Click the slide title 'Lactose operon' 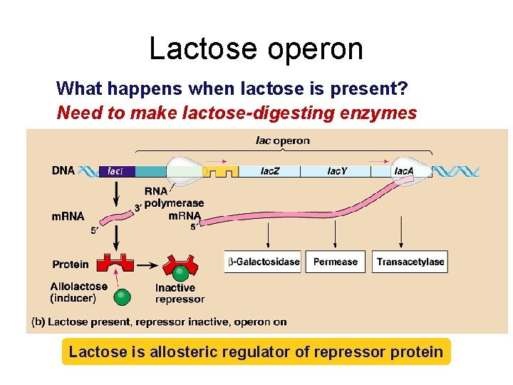(256, 48)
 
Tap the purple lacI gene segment (115, 171)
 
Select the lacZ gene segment (269, 171)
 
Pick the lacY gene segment (337, 171)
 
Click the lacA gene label (404, 171)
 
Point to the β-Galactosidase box (263, 262)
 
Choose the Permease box (335, 262)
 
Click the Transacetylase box (410, 262)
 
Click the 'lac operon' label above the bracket (283, 140)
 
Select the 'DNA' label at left (63, 171)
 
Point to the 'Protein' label (71, 265)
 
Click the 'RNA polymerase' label (174, 197)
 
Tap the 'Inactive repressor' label (180, 293)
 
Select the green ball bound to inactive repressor (181, 273)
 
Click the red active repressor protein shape (116, 264)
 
